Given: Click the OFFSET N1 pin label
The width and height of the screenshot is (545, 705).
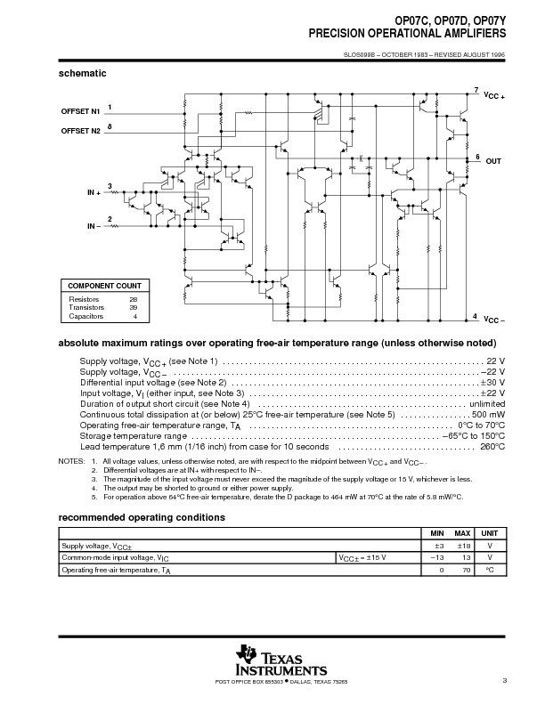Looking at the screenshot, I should click(80, 112).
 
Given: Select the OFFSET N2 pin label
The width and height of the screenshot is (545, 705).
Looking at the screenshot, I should click(80, 131).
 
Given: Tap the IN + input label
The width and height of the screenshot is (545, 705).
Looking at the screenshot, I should click(94, 192).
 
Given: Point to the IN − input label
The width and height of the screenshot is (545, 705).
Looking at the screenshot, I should click(94, 226).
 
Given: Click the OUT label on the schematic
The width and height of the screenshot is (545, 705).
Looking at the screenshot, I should click(494, 162).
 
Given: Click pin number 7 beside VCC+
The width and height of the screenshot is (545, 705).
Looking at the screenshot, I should click(476, 90).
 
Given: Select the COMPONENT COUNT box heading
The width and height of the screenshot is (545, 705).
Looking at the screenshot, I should click(105, 286).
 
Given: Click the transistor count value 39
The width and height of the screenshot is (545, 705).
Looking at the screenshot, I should click(134, 307).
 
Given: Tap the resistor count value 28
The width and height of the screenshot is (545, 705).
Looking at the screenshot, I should click(134, 299).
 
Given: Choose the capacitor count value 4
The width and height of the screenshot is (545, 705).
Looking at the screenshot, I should click(135, 316).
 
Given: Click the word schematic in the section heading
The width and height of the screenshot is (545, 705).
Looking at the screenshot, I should click(83, 72).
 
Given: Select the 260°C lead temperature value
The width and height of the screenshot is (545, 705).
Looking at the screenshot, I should click(492, 446).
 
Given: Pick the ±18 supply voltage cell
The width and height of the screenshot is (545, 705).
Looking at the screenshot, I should click(463, 544).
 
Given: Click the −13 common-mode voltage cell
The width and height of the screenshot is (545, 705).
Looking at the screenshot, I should click(436, 556).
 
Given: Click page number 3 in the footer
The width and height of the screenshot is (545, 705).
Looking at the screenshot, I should click(504, 682).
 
